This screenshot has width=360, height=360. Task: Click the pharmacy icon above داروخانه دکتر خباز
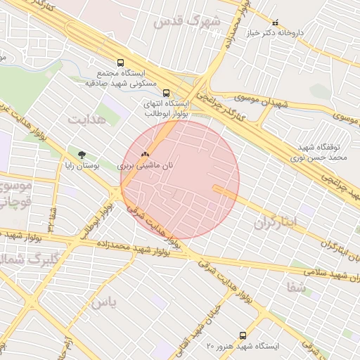tap(275, 22)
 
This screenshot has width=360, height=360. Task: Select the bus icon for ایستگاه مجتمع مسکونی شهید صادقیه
tap(120, 63)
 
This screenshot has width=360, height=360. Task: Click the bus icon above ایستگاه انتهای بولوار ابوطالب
tap(166, 93)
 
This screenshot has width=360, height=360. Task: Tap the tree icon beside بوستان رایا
tap(82, 154)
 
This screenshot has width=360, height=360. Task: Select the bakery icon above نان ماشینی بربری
tap(146, 154)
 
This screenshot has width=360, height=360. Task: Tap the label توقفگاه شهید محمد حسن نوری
tap(326, 153)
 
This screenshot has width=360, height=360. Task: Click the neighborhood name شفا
tap(296, 287)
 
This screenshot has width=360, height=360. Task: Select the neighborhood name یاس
tap(103, 302)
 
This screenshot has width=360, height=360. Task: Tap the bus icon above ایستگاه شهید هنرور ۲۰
tap(243, 335)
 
